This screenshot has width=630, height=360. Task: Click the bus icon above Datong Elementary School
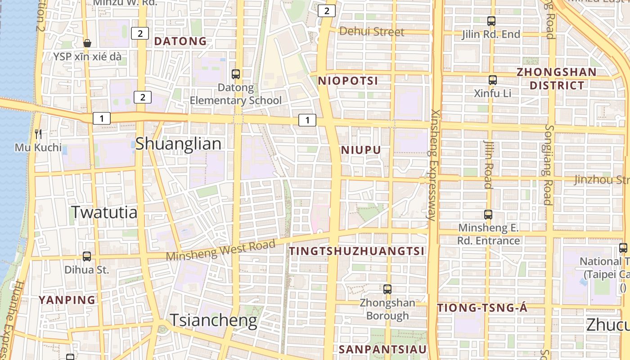point(235,74)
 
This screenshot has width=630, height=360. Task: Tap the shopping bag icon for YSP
point(87,43)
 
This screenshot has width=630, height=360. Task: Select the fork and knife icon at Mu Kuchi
point(38,134)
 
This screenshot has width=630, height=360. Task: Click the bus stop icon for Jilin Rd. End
point(491,21)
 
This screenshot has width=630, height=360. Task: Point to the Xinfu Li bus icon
point(492,80)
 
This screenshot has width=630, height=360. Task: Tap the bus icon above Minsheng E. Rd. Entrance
point(488,215)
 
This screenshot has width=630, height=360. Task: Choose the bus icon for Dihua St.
point(87,256)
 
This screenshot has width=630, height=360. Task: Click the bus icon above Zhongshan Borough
point(387,289)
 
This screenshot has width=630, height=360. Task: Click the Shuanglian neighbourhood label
point(178,144)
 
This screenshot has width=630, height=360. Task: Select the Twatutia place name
point(104,212)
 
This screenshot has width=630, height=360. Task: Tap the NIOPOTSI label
point(348,81)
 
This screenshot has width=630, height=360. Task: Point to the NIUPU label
point(361,150)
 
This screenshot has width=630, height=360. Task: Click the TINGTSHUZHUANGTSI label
point(357,251)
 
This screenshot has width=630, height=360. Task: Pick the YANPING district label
point(67,300)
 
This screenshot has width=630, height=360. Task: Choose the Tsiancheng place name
point(213,320)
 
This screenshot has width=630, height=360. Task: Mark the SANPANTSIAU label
point(382,349)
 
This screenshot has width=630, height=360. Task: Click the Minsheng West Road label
point(220,250)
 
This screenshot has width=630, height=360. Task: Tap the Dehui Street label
point(372,31)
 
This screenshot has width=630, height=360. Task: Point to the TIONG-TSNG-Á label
point(482,308)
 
